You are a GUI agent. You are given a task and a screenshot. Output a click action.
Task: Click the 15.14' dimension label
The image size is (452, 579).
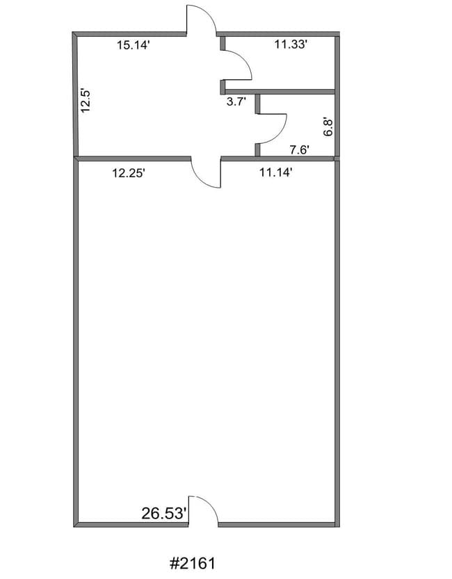[134, 45]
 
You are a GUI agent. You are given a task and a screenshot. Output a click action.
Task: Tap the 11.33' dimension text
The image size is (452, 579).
[291, 44]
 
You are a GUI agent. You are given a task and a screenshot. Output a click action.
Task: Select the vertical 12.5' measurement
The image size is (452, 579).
[86, 100]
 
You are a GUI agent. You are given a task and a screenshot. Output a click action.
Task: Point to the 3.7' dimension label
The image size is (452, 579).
[236, 101]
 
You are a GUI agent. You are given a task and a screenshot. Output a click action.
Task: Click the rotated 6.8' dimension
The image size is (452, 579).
[328, 127]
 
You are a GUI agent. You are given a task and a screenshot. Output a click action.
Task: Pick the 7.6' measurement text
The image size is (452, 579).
[300, 150]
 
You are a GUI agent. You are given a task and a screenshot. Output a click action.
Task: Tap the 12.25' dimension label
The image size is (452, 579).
[129, 172]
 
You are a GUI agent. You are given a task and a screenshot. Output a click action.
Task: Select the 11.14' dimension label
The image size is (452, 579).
[276, 172]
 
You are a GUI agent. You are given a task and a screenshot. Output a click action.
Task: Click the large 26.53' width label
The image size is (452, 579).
[163, 513]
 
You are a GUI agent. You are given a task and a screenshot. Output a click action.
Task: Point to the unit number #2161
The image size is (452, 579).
[193, 564]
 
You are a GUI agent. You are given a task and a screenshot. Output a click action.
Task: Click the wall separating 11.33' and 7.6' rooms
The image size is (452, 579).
[280, 92]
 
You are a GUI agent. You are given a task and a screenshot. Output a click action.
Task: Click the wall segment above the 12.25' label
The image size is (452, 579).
[133, 158]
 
